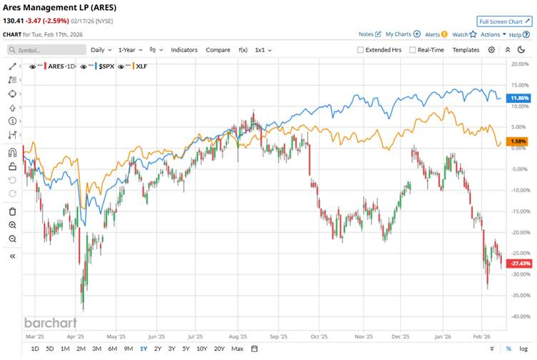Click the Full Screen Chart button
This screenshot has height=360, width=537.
click(x=504, y=21)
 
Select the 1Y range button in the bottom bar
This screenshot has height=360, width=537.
click(x=144, y=349)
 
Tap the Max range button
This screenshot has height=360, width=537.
click(x=237, y=349)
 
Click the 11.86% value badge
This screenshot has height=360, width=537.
click(x=519, y=98)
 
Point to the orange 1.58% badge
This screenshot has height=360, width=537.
click(x=519, y=141)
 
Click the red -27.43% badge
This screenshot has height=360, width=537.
click(x=519, y=264)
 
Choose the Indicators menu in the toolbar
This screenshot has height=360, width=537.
click(x=184, y=50)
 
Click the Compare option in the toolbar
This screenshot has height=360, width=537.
click(x=218, y=50)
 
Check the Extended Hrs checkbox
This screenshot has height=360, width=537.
click(x=361, y=50)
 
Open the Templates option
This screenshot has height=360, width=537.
click(x=466, y=50)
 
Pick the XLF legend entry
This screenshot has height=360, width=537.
click(x=142, y=66)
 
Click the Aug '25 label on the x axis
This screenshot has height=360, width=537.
click(x=239, y=335)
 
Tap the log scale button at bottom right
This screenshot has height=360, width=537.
click(x=523, y=349)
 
